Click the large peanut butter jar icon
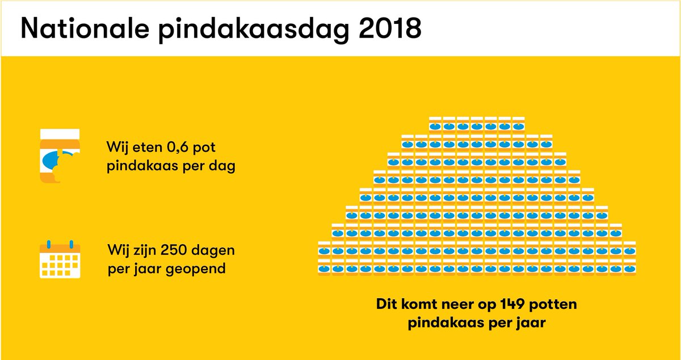(x=59, y=157)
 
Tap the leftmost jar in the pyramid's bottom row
(x=324, y=265)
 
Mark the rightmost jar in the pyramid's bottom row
(x=630, y=265)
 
